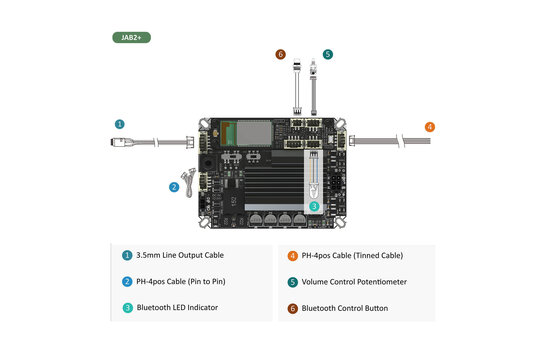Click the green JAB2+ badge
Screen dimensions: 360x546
pyautogui.click(x=131, y=37)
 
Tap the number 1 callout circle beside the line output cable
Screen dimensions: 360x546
pyautogui.click(x=120, y=124)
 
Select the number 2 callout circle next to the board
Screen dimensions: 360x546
pyautogui.click(x=174, y=186)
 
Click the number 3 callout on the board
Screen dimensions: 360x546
pyautogui.click(x=314, y=205)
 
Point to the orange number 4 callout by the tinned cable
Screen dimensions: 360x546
pyautogui.click(x=430, y=127)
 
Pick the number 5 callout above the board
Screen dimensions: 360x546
pyautogui.click(x=328, y=54)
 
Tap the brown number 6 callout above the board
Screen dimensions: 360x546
pyautogui.click(x=281, y=54)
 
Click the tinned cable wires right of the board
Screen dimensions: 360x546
pyautogui.click(x=395, y=140)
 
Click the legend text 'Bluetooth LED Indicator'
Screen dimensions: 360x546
pyautogui.click(x=177, y=308)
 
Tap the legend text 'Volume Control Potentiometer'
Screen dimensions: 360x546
pyautogui.click(x=354, y=282)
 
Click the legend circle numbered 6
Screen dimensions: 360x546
pyautogui.click(x=293, y=308)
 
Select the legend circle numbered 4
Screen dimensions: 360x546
pyautogui.click(x=293, y=255)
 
